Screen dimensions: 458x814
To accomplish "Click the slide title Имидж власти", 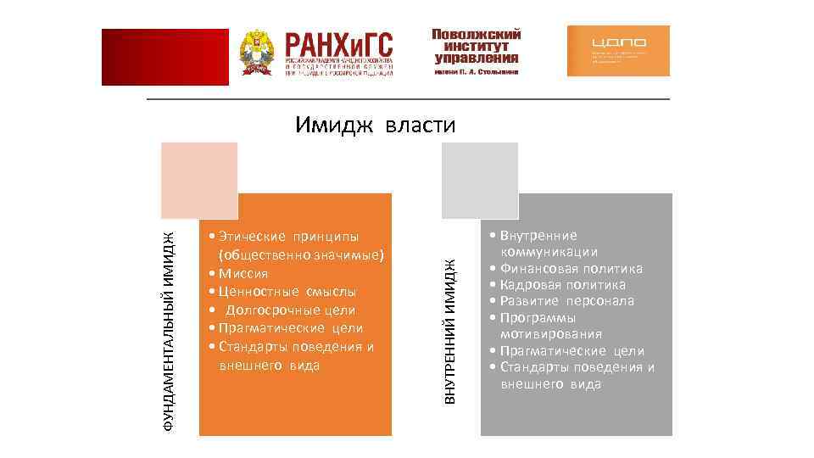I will [376, 126].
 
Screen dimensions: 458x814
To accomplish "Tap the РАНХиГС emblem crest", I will [256, 53].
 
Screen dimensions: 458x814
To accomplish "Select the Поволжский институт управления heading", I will [476, 47].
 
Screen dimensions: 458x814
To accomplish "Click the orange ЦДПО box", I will [618, 51].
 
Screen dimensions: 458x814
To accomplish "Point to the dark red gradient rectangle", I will [165, 57].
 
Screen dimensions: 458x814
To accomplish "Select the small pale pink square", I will [201, 179].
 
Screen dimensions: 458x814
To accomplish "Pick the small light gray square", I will [480, 179].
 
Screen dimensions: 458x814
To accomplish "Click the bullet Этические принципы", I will [288, 236].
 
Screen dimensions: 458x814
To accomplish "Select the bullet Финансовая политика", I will [571, 269].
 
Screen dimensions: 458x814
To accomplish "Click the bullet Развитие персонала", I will [566, 301].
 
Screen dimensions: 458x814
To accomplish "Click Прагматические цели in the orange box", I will [290, 328].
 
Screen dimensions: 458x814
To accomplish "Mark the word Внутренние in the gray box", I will [538, 236].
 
